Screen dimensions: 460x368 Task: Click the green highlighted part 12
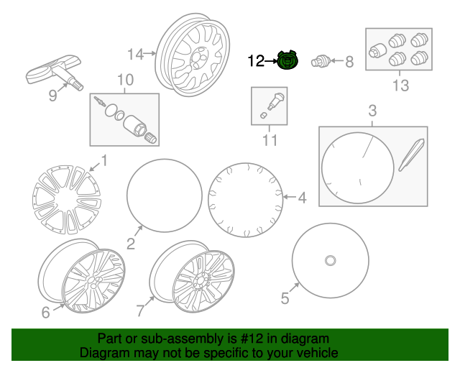coord(287,60)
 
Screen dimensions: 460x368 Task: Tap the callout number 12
coord(256,61)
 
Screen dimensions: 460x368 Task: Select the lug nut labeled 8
coord(321,61)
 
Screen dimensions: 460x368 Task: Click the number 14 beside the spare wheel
coord(136,55)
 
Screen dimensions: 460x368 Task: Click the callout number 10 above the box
coord(125,80)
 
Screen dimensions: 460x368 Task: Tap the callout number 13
coord(401,86)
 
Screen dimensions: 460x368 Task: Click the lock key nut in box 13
coord(377,50)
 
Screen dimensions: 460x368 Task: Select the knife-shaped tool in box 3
coord(411,155)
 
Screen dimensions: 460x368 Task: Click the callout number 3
coord(372,111)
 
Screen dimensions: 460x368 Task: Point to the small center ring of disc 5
coord(331,261)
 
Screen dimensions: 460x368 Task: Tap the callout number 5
coord(285,298)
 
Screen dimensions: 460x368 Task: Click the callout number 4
coord(303,198)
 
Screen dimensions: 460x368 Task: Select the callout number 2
coord(131,244)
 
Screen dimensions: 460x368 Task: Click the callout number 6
coord(45,312)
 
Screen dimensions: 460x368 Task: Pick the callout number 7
coord(141,310)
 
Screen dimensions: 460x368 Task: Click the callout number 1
coord(104,161)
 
